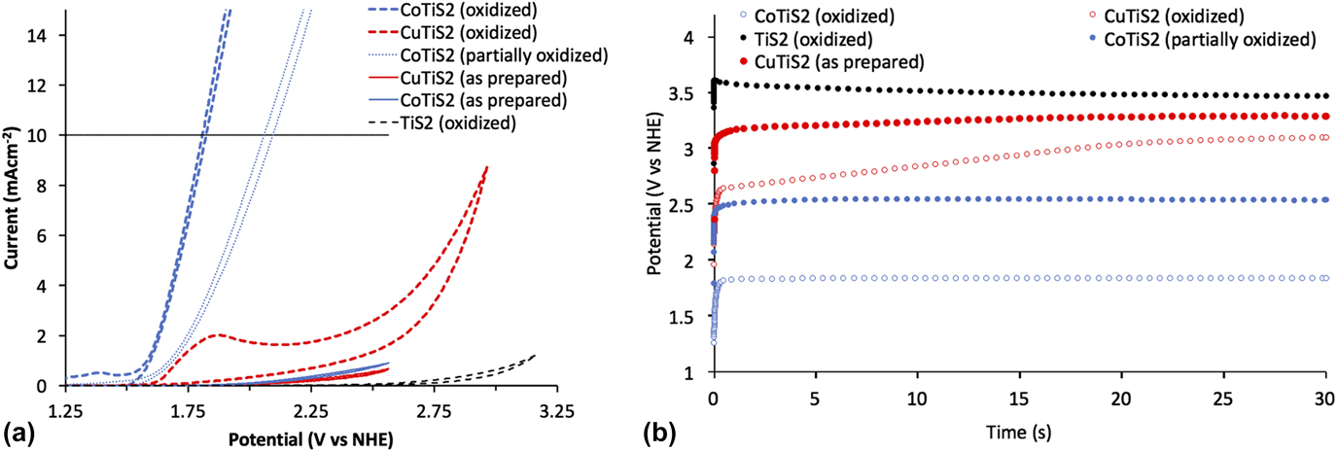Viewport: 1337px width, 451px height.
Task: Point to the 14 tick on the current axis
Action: pos(45,35)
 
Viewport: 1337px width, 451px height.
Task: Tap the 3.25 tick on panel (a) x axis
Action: pos(556,411)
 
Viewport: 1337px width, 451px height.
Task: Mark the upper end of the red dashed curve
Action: pos(486,167)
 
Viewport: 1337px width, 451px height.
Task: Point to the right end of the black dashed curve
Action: pos(534,356)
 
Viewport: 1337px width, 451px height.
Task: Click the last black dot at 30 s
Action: pos(1325,96)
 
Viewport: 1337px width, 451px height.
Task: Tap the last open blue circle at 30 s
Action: pos(1325,278)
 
